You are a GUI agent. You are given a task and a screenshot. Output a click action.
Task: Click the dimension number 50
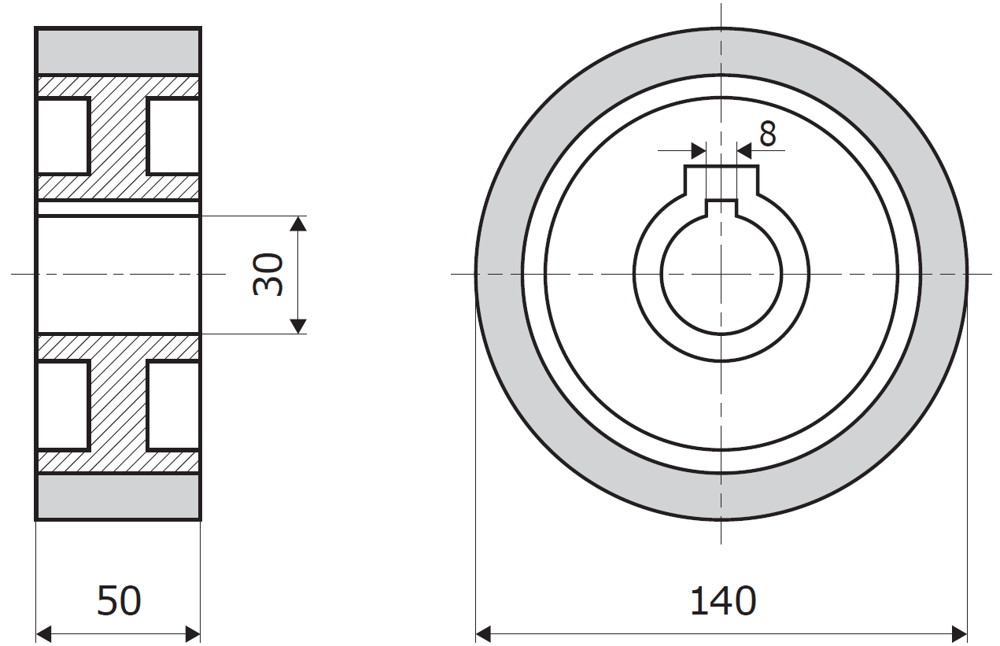[x=119, y=601]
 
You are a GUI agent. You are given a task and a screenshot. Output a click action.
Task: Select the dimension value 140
[x=723, y=601]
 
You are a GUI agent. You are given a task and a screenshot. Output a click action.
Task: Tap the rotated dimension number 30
[x=268, y=274]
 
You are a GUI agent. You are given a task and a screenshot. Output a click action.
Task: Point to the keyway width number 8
[x=768, y=134]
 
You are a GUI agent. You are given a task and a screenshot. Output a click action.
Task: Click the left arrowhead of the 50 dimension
[x=43, y=634]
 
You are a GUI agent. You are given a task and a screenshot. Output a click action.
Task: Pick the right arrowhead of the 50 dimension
[x=193, y=634]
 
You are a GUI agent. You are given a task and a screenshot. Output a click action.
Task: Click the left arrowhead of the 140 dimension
[x=484, y=634]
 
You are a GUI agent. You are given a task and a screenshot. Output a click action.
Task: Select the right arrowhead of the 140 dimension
[x=959, y=634]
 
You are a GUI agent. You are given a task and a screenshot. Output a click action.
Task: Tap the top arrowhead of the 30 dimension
[x=298, y=223]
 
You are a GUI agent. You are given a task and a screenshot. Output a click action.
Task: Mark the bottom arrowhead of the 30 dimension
[x=298, y=327]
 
